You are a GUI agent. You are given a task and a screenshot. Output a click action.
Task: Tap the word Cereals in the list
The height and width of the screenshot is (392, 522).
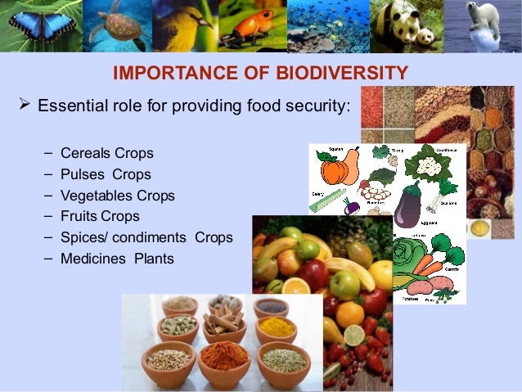pyautogui.click(x=85, y=153)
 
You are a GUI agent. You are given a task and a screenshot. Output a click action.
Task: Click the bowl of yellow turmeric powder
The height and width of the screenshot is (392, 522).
pyautogui.click(x=275, y=328)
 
